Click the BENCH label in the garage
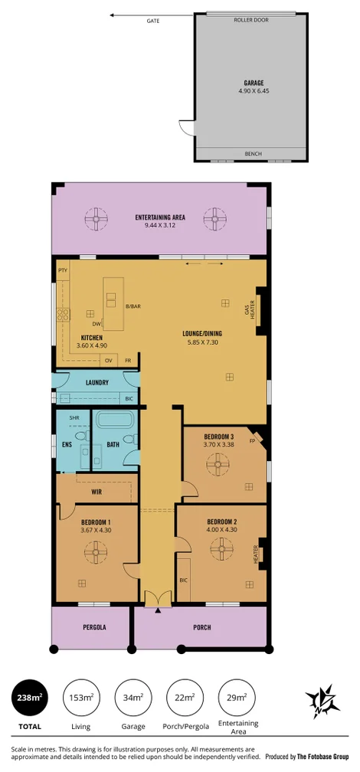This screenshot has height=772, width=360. tap(253, 154)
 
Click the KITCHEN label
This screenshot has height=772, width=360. tap(93, 338)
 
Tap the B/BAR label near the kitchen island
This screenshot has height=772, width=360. tap(133, 306)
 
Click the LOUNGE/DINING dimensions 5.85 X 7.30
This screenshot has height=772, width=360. tap(202, 342)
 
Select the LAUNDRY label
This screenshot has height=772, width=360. tap(97, 382)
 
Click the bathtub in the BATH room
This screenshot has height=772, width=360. tap(116, 420)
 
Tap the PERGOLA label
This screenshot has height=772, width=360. tap(93, 627)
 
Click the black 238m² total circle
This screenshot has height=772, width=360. tap(30, 698)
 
